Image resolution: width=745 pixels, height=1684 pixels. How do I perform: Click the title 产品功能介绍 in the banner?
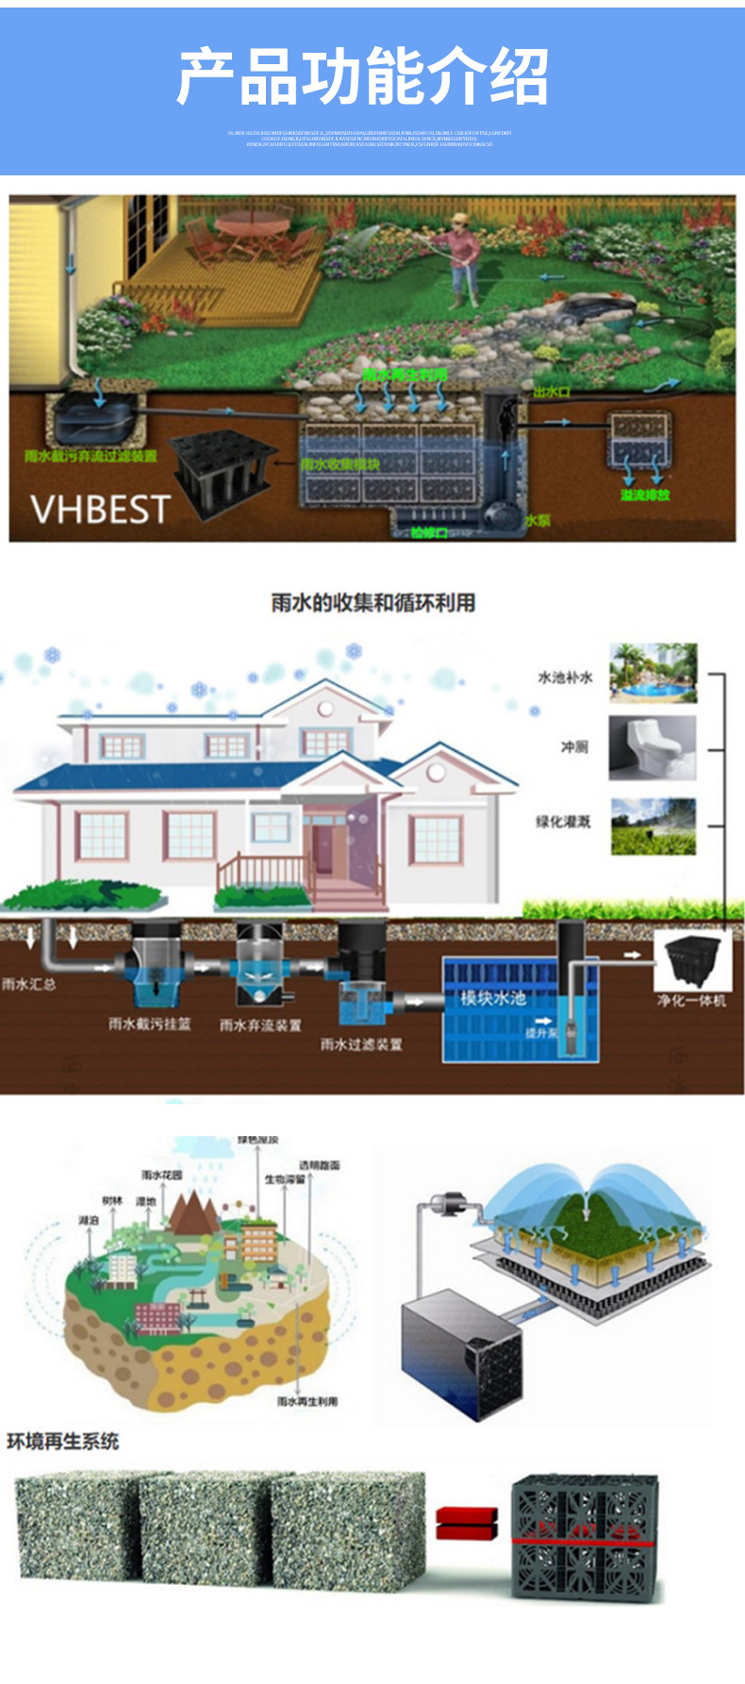click(363, 76)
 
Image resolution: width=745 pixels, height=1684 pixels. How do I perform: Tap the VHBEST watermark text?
click(100, 509)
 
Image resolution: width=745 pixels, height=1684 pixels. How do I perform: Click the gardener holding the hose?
click(461, 258)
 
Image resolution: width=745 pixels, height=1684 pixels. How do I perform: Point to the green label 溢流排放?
click(645, 494)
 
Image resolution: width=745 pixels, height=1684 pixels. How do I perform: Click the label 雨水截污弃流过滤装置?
click(91, 456)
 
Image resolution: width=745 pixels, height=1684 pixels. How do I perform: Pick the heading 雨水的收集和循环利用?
click(372, 603)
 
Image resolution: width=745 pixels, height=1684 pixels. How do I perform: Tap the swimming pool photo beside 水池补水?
click(653, 673)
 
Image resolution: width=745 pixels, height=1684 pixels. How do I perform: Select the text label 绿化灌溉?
click(563, 821)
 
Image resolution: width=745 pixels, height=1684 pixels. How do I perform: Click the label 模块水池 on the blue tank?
click(492, 998)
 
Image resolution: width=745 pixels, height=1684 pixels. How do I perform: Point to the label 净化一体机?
click(691, 1000)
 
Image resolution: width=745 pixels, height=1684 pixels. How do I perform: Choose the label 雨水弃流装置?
click(260, 1025)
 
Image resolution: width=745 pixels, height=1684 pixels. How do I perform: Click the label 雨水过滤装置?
click(361, 1044)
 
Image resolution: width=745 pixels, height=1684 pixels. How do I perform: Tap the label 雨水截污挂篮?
click(149, 1023)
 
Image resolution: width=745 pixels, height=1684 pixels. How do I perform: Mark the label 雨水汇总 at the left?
click(28, 983)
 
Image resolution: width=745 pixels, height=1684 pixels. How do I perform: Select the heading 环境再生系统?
click(63, 1441)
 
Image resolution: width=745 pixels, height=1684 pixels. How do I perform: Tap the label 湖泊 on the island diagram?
click(88, 1220)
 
